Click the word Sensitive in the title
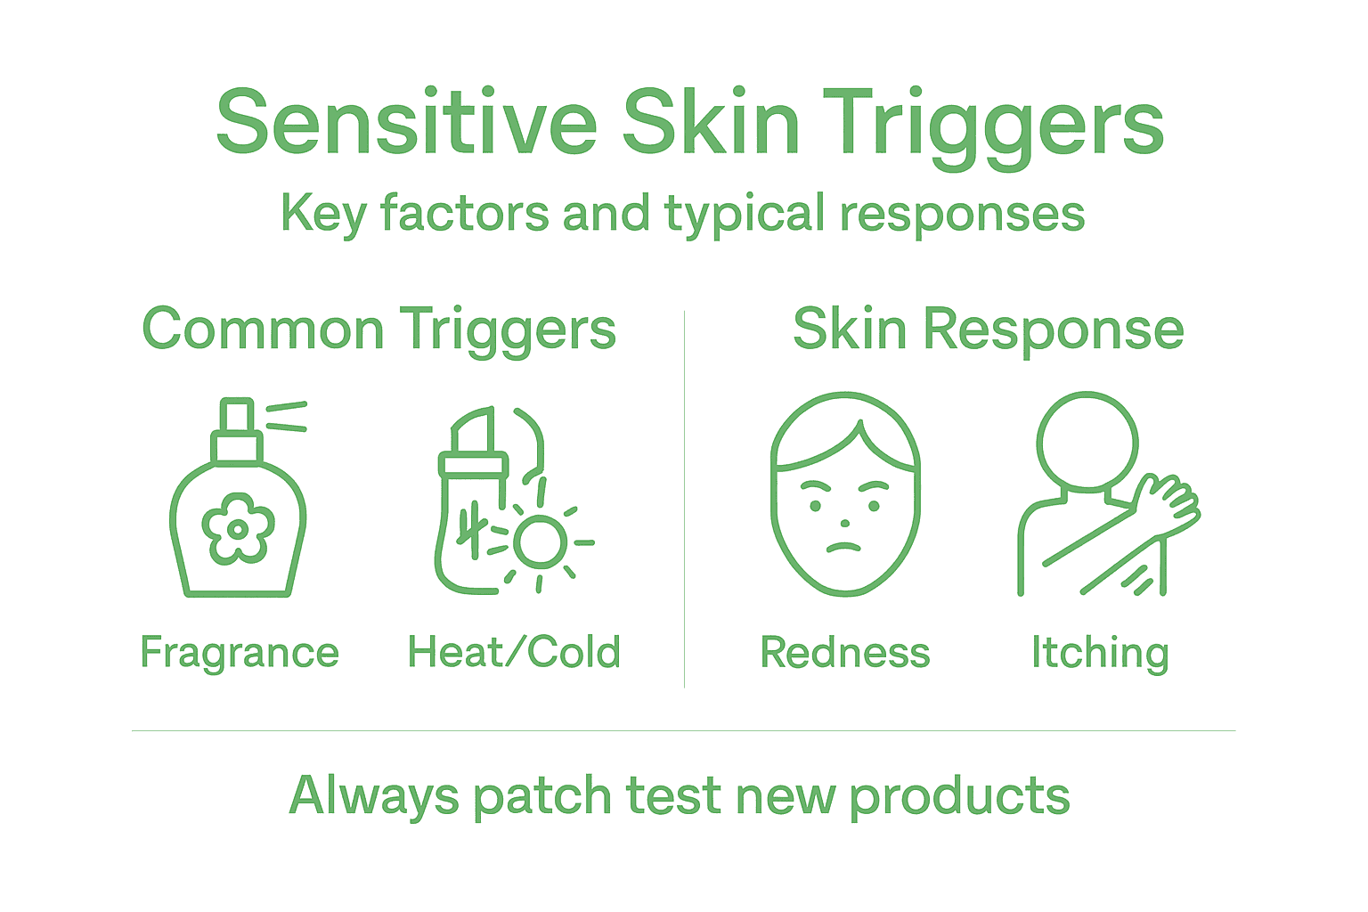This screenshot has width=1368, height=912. click(406, 123)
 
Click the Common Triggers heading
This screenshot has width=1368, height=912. click(379, 330)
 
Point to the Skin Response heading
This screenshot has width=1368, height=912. click(988, 330)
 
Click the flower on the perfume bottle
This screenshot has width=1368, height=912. click(238, 529)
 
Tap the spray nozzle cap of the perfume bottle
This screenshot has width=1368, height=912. click(237, 418)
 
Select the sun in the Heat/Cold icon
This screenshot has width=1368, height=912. click(540, 541)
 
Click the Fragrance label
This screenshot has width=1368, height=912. click(240, 653)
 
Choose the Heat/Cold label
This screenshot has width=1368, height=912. click(514, 653)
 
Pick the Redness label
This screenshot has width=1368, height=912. click(844, 653)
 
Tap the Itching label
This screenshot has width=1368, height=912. click(1100, 653)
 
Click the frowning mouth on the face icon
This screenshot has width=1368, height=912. click(844, 546)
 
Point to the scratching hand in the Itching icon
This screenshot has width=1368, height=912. click(1167, 501)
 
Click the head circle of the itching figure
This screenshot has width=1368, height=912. click(1087, 441)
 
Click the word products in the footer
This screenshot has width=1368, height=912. click(959, 796)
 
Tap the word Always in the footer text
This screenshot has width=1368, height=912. click(374, 796)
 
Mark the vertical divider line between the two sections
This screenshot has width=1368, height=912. click(684, 499)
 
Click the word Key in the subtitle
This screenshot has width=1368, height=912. click(323, 215)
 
